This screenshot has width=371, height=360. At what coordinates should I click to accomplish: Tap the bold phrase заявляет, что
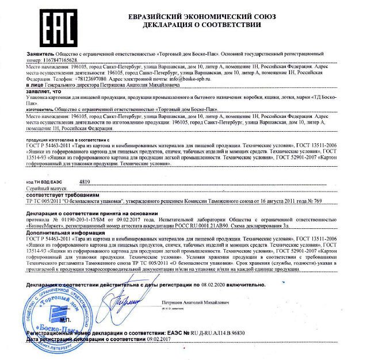click(43, 92)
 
